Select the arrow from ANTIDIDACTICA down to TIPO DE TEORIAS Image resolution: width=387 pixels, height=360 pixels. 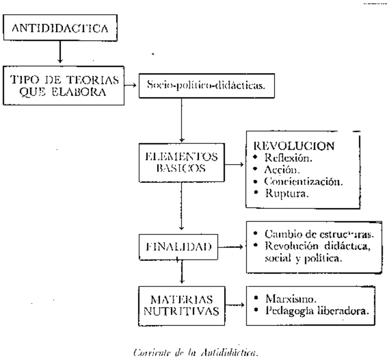60,53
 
